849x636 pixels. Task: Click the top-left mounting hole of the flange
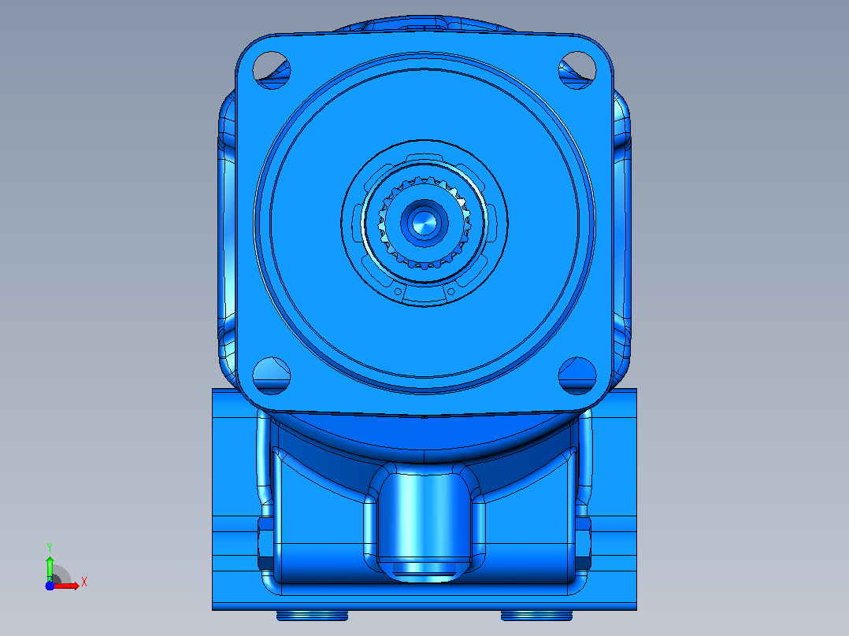[271, 70]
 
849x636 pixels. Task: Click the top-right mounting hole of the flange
[577, 70]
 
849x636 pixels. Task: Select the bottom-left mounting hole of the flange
[271, 375]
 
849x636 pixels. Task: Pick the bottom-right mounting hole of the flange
[577, 375]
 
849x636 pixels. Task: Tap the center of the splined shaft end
[424, 223]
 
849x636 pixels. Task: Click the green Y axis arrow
[50, 568]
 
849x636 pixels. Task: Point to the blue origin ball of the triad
[50, 586]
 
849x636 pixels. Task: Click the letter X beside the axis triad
[84, 582]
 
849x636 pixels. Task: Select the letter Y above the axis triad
[50, 548]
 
